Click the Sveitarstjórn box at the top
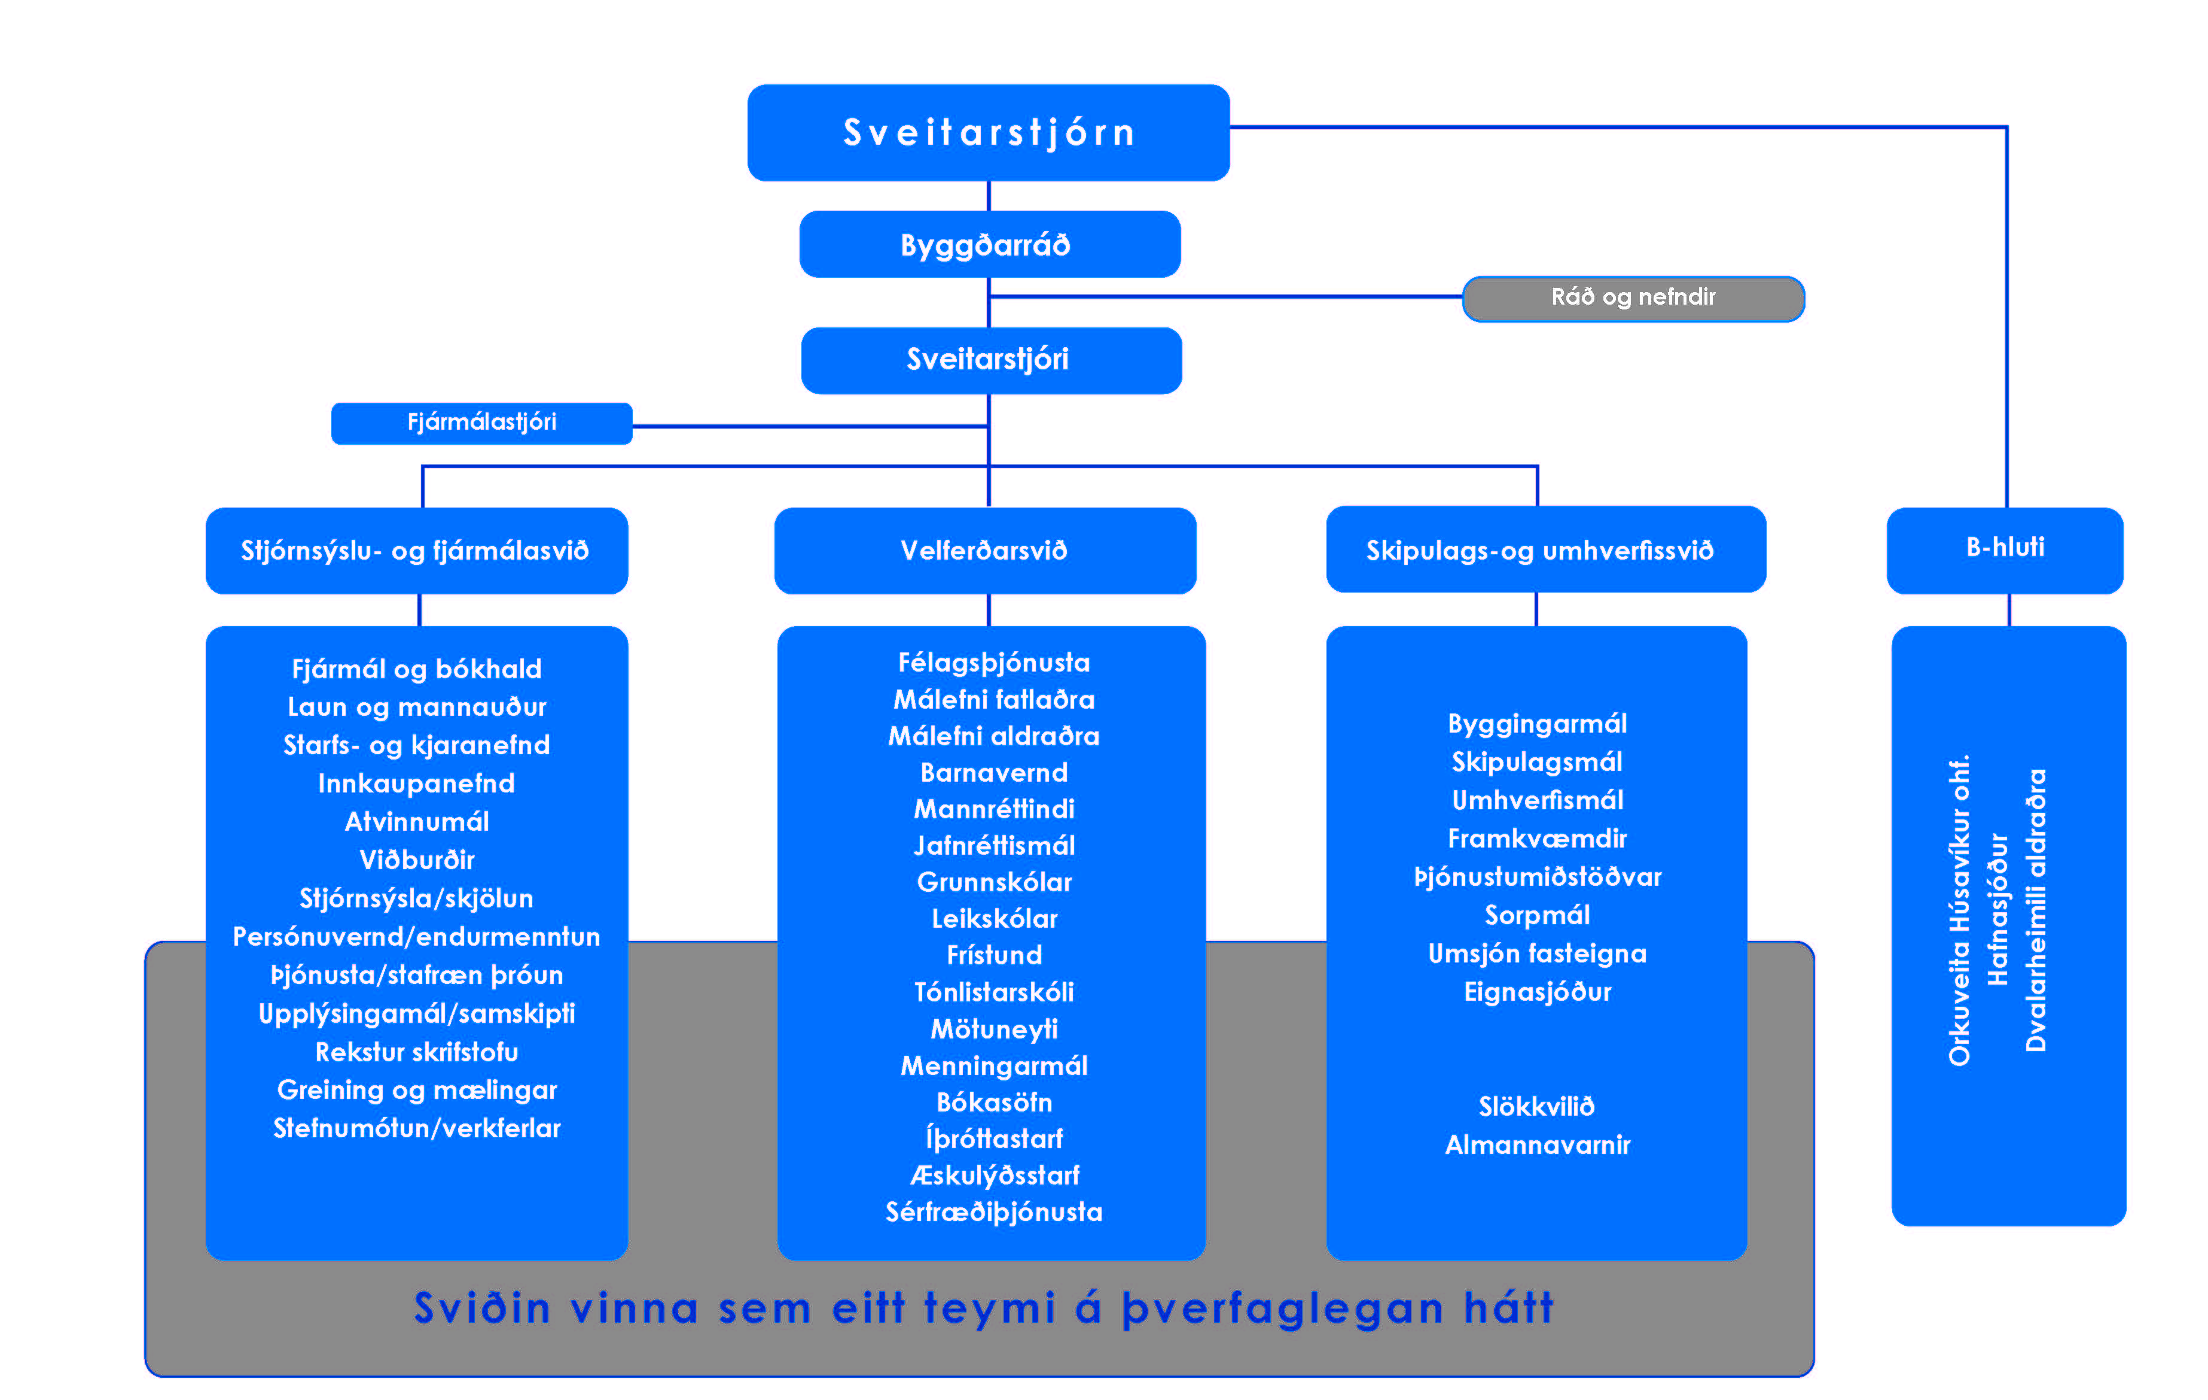click(989, 132)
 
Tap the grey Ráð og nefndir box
click(1633, 298)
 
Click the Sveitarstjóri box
click(991, 360)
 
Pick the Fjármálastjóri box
click(481, 423)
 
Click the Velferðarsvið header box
click(985, 551)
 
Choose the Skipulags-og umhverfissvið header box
click(1546, 549)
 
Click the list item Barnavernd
click(994, 773)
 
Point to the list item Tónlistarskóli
click(994, 992)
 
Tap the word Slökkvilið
click(1537, 1107)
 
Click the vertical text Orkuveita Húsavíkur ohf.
click(1959, 910)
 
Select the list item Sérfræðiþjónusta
click(994, 1212)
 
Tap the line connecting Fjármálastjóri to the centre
click(810, 426)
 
